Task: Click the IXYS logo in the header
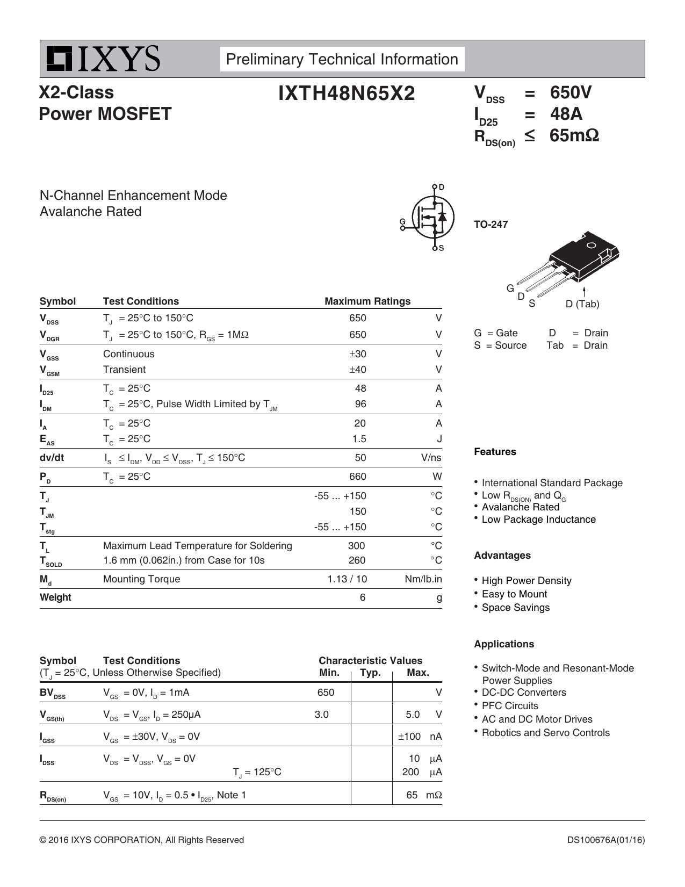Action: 103,59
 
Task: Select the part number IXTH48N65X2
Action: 347,93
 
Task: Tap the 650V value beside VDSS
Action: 570,92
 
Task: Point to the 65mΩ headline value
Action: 574,135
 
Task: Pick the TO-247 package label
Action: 491,225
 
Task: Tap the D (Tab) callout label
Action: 582,304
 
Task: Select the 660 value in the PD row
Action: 357,477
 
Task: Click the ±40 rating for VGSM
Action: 357,370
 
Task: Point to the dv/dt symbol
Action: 52,458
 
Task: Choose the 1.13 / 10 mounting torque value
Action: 347,579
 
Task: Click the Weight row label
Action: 55,597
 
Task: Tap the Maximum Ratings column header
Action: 367,301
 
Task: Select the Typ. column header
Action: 370,673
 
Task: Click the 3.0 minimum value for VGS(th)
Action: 321,715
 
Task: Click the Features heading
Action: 495,452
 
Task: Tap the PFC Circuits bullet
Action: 509,706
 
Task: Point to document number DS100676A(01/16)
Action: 605,840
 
